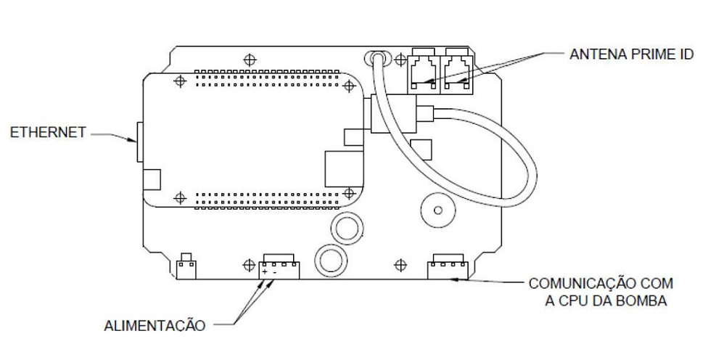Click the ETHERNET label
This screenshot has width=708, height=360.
pos(48,132)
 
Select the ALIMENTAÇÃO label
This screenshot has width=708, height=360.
pos(155,326)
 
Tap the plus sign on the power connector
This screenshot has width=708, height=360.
pos(265,272)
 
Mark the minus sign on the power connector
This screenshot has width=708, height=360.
pos(274,272)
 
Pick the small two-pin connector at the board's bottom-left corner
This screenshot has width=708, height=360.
pos(186,267)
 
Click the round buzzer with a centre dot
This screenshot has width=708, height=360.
pos(437,210)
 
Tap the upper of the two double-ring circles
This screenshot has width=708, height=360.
pos(346,228)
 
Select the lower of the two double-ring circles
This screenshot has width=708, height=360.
pos(331,261)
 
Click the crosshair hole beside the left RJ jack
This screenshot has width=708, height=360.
pos(400,60)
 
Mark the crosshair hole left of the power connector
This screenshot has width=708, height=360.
pos(249,265)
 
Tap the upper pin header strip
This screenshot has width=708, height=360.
pos(268,78)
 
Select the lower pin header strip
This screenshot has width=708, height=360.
pos(268,200)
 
